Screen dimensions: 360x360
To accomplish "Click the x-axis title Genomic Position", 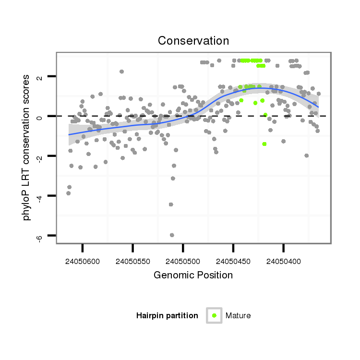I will (193, 275).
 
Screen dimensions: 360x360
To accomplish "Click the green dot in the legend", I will (214, 315).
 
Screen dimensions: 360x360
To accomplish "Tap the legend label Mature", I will (238, 315).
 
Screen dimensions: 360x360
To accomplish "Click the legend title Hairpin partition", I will (167, 315).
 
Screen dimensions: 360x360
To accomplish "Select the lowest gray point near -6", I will (172, 235).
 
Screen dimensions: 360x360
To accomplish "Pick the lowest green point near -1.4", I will (264, 144).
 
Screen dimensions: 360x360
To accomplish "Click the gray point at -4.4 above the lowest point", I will (171, 204).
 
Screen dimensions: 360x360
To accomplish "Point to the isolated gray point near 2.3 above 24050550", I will (122, 72).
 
